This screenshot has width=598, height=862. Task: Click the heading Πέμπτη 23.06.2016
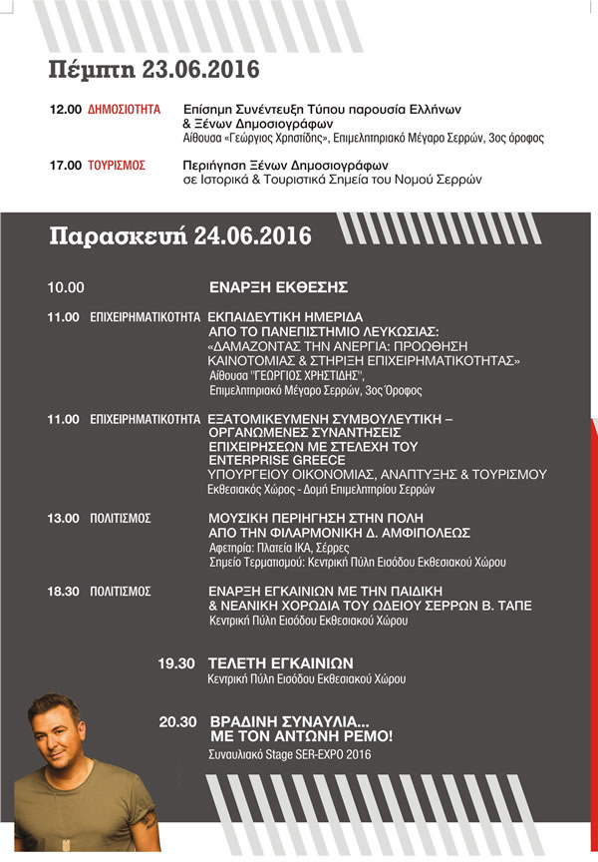click(x=153, y=70)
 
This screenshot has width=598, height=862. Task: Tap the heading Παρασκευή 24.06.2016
click(x=180, y=236)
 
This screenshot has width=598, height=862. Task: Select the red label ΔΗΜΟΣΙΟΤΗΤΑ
click(x=125, y=108)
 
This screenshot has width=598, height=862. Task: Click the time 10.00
click(x=66, y=287)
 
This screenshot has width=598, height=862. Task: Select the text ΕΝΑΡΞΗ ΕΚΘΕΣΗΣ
click(x=278, y=287)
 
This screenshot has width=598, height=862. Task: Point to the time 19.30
click(x=177, y=663)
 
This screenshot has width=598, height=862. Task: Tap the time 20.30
click(x=177, y=720)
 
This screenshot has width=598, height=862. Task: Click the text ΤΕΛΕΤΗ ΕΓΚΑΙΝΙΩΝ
click(x=280, y=663)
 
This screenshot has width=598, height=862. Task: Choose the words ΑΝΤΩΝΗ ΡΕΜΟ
click(x=339, y=736)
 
